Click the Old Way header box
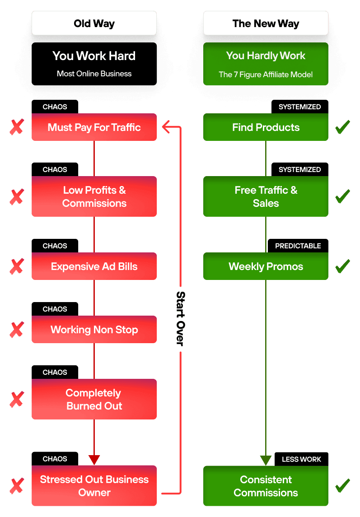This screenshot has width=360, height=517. click(94, 23)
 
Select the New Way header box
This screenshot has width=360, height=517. click(266, 23)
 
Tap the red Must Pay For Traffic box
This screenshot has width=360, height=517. click(94, 127)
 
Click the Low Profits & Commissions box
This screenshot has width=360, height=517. click(94, 196)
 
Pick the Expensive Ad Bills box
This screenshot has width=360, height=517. click(94, 266)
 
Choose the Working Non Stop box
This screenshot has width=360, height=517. click(94, 330)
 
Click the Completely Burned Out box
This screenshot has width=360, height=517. click(94, 399)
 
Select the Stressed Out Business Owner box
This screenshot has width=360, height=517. click(94, 485)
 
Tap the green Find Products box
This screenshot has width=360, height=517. click(266, 127)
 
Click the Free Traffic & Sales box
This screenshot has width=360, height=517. click(266, 196)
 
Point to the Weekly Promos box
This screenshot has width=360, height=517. click(266, 266)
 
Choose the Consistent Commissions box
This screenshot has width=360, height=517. click(266, 485)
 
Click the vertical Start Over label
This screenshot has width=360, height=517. click(180, 319)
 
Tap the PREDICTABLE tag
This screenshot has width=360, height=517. click(298, 246)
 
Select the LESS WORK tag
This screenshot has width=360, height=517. click(301, 459)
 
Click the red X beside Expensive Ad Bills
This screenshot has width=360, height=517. click(17, 266)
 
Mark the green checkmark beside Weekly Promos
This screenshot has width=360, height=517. click(342, 266)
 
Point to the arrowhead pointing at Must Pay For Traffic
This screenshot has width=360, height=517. click(165, 127)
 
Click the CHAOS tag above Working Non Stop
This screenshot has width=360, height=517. click(55, 309)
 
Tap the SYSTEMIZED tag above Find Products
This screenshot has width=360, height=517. click(299, 107)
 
